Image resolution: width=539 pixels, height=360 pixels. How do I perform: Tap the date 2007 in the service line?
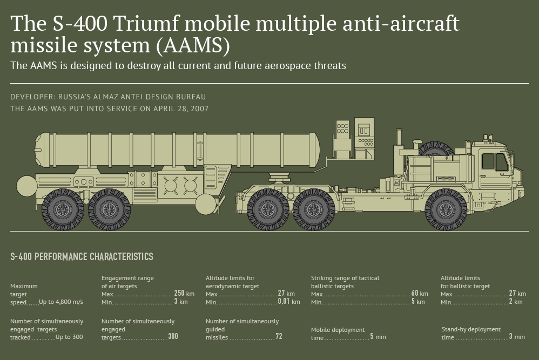pyautogui.click(x=199, y=108)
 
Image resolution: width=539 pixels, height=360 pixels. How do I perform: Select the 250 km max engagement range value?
pyautogui.click(x=184, y=294)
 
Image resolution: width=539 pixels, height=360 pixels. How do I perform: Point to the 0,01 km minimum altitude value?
pyautogui.click(x=289, y=302)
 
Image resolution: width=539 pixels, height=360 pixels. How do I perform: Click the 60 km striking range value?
pyautogui.click(x=420, y=294)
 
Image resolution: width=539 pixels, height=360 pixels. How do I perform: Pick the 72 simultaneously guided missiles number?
pyautogui.click(x=279, y=336)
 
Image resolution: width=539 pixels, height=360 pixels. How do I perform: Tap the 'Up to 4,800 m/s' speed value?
pyautogui.click(x=61, y=302)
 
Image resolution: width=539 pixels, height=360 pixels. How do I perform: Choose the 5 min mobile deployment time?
pyautogui.click(x=378, y=337)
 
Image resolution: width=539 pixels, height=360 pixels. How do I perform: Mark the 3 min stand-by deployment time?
pyautogui.click(x=517, y=337)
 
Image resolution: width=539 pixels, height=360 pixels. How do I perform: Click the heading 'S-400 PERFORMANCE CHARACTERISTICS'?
pyautogui.click(x=82, y=256)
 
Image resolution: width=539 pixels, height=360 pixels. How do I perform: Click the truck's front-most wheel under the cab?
pyautogui.click(x=446, y=209)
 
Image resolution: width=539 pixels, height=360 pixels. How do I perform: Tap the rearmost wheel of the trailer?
pyautogui.click(x=63, y=209)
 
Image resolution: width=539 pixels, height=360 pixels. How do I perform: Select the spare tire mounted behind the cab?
pyautogui.click(x=436, y=148)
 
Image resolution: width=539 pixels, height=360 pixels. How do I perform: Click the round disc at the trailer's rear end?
pyautogui.click(x=27, y=186)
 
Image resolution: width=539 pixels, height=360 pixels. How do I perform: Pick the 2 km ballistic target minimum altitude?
pyautogui.click(x=516, y=302)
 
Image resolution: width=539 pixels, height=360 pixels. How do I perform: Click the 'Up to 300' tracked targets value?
pyautogui.click(x=69, y=337)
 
